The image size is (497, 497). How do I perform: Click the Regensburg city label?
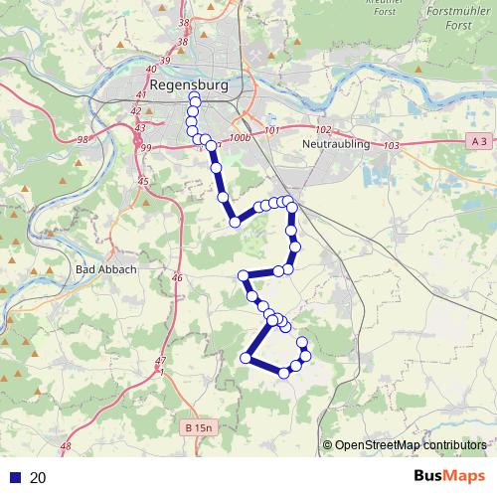tap(186, 85)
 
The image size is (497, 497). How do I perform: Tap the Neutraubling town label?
tap(335, 144)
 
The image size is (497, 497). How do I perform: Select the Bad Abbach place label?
tap(100, 269)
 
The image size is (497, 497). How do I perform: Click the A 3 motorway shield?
tap(479, 141)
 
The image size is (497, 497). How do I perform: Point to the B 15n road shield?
tap(199, 427)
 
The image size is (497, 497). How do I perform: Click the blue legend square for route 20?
tap(15, 478)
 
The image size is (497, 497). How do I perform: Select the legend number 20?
tap(39, 478)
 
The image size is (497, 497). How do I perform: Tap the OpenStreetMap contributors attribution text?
tap(410, 445)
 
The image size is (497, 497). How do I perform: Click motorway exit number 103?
tap(390, 146)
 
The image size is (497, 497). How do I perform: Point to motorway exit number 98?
tap(83, 140)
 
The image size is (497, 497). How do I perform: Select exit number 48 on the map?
tap(67, 449)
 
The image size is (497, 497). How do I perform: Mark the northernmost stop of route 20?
tap(195, 102)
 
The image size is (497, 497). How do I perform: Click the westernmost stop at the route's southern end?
tap(246, 357)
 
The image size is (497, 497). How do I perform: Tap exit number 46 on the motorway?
tap(178, 279)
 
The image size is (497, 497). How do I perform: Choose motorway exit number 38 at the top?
tap(182, 22)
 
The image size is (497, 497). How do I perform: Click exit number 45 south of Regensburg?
tap(143, 182)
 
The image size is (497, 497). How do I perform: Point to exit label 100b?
tap(240, 138)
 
